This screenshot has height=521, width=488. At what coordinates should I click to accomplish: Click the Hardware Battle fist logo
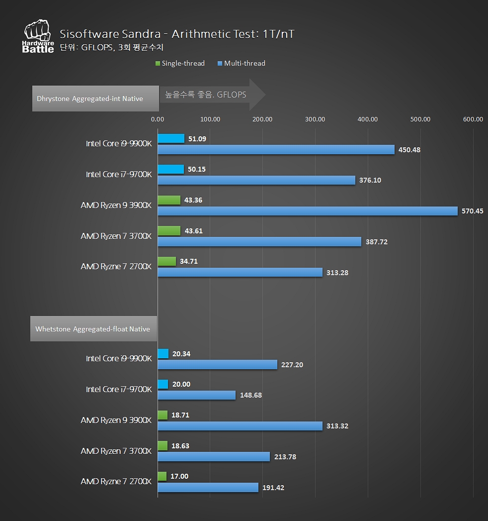click(x=38, y=36)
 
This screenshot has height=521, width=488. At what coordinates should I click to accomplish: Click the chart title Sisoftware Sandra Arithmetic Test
click(x=177, y=34)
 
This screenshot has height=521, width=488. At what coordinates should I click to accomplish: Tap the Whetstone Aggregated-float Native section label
click(x=93, y=329)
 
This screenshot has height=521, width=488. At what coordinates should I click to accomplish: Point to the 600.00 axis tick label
click(x=472, y=119)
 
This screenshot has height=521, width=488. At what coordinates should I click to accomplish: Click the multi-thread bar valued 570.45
click(x=307, y=211)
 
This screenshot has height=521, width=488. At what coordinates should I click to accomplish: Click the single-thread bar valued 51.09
click(x=171, y=139)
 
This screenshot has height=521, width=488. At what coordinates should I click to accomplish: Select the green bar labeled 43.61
click(x=169, y=231)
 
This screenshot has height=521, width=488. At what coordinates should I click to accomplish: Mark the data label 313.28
click(x=337, y=273)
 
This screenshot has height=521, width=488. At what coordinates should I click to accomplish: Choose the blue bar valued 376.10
click(x=256, y=180)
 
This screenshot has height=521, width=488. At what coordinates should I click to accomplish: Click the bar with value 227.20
click(x=217, y=365)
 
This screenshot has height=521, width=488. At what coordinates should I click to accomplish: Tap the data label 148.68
click(x=250, y=396)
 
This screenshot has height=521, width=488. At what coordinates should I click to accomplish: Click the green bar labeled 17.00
click(x=162, y=476)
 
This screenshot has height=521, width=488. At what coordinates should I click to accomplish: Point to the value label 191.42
click(x=273, y=488)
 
